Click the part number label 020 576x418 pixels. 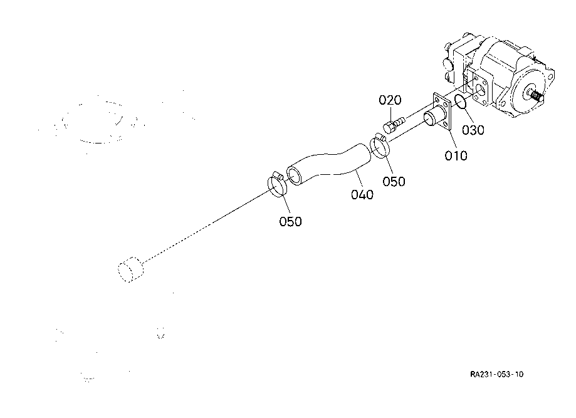point(389,101)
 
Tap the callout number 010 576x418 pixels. point(456,155)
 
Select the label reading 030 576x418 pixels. point(474,130)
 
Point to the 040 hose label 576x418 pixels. point(362,194)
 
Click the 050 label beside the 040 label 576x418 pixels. point(394,182)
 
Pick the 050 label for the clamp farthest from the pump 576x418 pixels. point(291,221)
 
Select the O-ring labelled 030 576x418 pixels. point(460,102)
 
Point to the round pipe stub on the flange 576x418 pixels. point(431,118)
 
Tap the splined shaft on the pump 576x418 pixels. point(535,96)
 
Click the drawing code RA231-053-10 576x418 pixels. point(497,374)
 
